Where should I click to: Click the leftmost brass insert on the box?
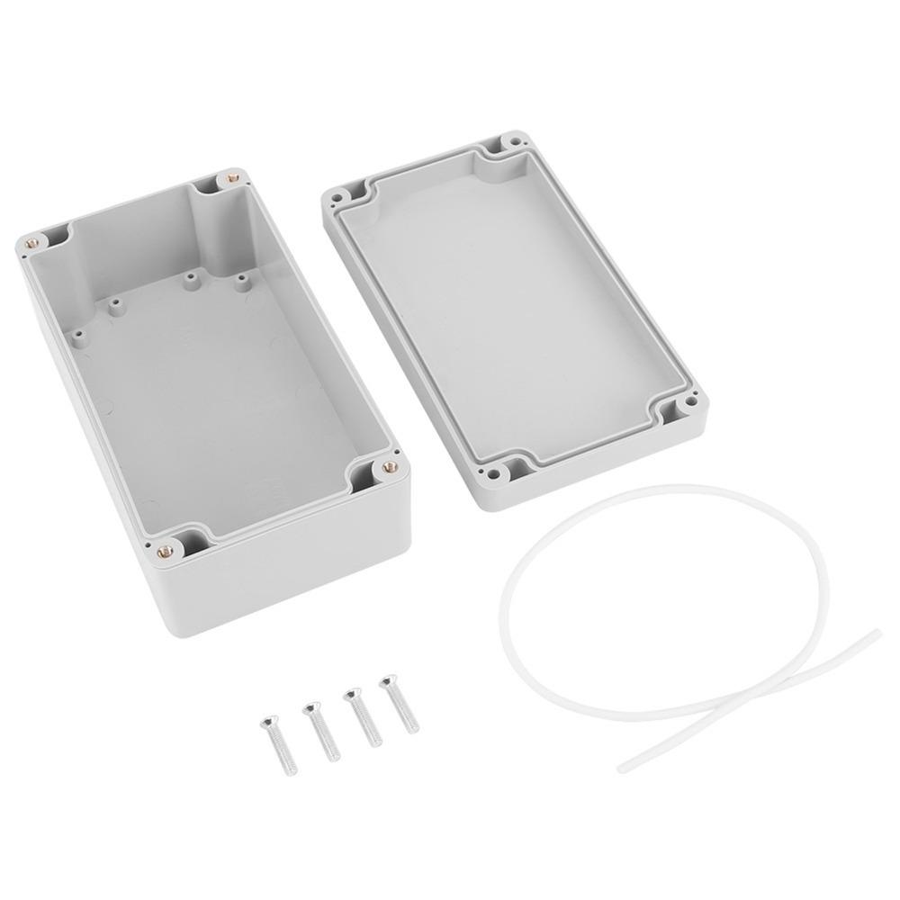tap(32, 240)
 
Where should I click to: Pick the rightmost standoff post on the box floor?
tap(240, 282)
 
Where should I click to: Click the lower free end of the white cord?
tap(621, 768)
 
